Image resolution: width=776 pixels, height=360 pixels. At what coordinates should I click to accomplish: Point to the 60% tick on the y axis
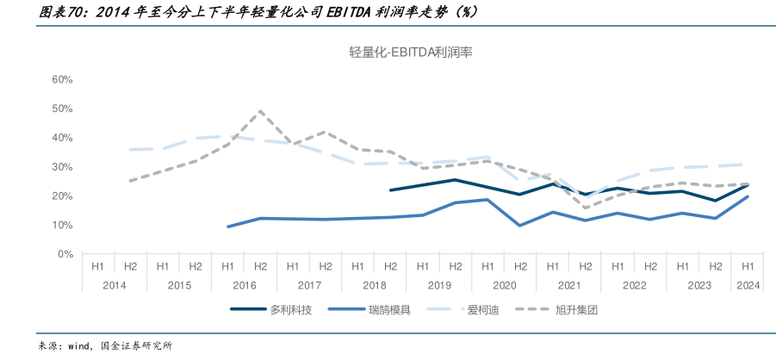coord(62,79)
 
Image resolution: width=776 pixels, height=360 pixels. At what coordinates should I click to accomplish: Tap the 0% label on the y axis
coord(65,254)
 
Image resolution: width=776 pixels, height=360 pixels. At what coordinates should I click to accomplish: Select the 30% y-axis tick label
coord(62,167)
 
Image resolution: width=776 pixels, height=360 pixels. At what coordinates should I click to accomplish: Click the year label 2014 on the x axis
coord(114,285)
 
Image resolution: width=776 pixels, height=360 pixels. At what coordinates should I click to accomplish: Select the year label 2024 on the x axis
coord(747,285)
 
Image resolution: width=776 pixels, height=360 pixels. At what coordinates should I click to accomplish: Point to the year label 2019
coord(438,285)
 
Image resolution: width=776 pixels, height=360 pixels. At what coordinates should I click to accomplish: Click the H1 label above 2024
coord(747,267)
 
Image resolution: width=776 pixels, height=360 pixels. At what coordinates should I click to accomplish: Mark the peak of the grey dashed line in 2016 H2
coord(260,111)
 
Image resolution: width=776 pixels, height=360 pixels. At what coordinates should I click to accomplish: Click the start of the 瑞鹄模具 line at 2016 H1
coord(228,227)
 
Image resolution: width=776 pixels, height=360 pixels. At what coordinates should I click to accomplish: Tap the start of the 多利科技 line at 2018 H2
coord(390,190)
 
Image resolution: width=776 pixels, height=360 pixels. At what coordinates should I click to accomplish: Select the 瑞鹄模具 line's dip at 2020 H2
coord(519,226)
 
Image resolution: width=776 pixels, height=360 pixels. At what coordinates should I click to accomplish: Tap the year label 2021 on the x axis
coord(568,285)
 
